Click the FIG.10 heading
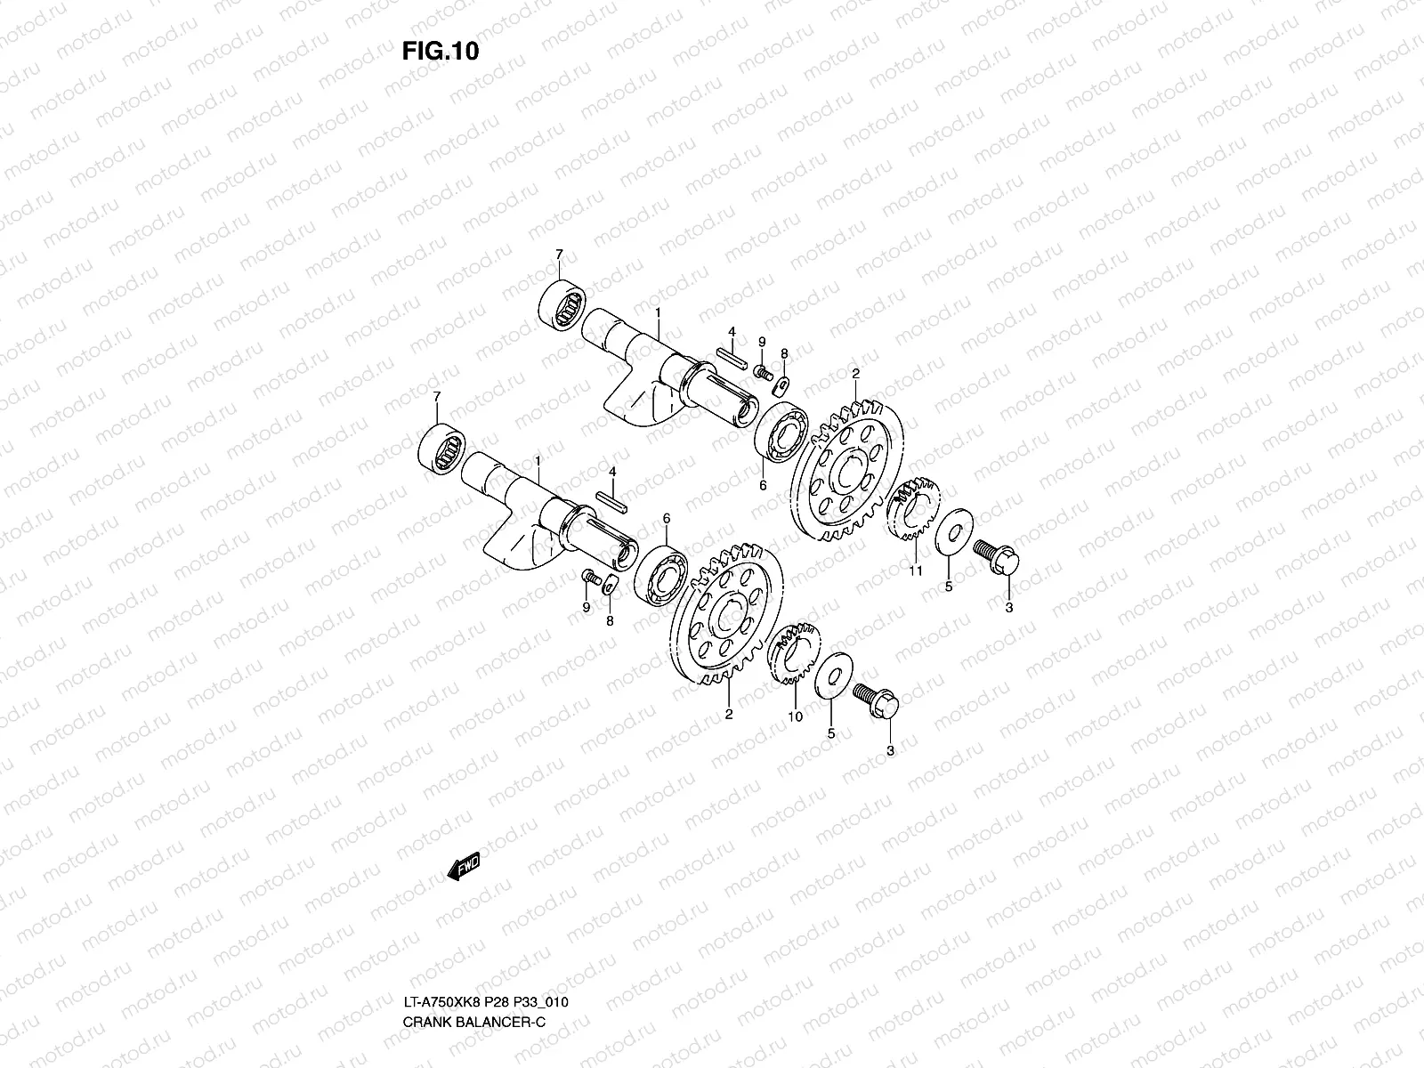(x=441, y=51)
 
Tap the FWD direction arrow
(x=464, y=866)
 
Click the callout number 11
(x=916, y=570)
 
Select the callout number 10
(x=796, y=716)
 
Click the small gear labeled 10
(x=793, y=653)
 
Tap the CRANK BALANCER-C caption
(x=474, y=1022)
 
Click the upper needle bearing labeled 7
(x=562, y=304)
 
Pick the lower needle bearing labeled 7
(x=441, y=448)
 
